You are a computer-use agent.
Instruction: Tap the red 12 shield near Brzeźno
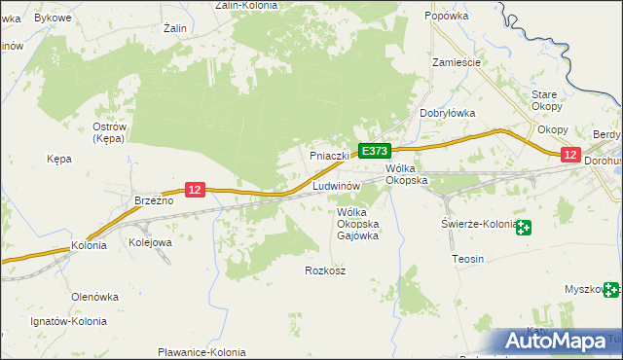(x=195, y=190)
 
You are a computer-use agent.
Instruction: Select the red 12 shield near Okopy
(x=570, y=155)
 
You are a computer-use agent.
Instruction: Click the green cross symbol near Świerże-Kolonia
(x=525, y=228)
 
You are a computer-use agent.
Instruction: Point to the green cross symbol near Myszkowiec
(x=611, y=289)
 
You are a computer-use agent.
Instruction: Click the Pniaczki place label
(x=329, y=156)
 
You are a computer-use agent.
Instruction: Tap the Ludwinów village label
(x=337, y=185)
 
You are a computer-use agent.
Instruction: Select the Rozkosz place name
(x=325, y=270)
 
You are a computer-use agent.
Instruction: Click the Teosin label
(x=468, y=260)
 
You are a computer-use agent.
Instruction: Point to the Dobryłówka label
(x=447, y=113)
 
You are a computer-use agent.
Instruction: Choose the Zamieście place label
(x=458, y=61)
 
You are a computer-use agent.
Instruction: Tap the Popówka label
(x=447, y=17)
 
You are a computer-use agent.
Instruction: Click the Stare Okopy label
(x=544, y=100)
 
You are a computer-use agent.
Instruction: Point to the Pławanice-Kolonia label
(x=202, y=352)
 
